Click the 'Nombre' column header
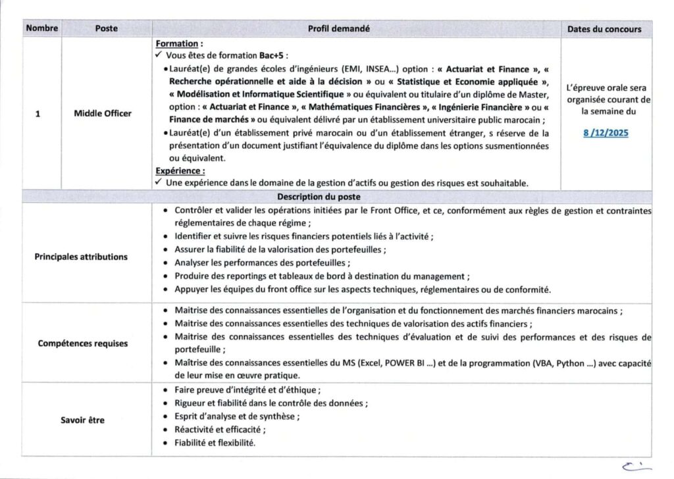point(42,29)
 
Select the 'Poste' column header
point(106,29)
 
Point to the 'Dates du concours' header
point(604,30)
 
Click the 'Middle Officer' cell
point(103,113)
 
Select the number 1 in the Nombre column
point(38,113)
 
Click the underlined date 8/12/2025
point(606,133)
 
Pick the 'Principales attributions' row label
point(81,257)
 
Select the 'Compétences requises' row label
point(83,343)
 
